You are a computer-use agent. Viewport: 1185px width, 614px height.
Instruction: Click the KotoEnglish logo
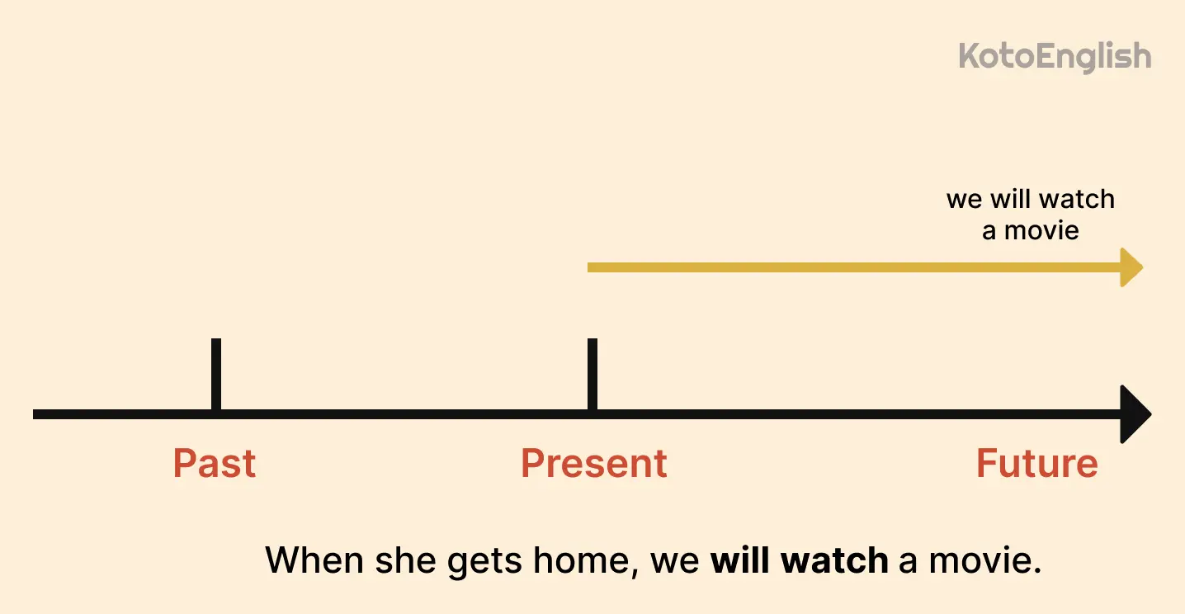(1055, 56)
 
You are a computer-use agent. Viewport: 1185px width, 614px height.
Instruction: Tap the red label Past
(215, 463)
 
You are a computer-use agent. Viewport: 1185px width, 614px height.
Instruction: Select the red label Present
(593, 463)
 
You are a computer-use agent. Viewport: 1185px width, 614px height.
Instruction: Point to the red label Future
(1036, 463)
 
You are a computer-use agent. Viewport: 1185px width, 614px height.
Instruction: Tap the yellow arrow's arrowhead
(1131, 267)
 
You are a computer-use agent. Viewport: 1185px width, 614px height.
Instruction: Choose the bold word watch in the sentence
(834, 561)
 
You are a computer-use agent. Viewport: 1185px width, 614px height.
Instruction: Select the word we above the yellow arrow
(963, 200)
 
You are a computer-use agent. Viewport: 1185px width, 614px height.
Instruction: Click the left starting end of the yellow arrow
(591, 267)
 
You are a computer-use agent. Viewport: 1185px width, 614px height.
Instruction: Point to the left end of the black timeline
(36, 413)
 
